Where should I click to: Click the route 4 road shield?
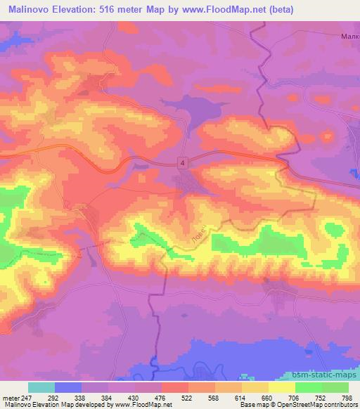tap(183, 162)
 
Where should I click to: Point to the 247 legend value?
tap(27, 398)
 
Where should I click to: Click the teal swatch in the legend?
tap(41, 387)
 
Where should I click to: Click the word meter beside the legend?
tap(9, 398)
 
